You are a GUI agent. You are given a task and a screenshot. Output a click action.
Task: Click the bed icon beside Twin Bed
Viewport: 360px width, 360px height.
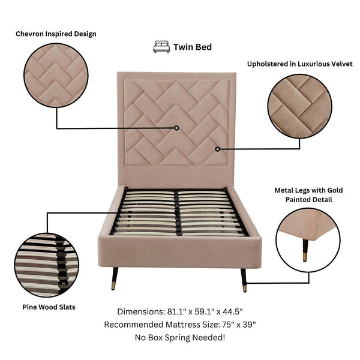[x=161, y=47]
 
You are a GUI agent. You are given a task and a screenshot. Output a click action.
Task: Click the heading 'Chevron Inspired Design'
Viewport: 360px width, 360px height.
[x=56, y=34]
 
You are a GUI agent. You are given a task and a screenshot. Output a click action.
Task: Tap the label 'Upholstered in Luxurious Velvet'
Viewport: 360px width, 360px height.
[x=300, y=64]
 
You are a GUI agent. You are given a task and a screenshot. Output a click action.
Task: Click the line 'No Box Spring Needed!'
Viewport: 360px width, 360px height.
[x=180, y=338]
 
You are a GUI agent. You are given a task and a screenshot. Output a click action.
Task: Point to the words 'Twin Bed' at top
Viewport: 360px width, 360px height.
[x=192, y=47]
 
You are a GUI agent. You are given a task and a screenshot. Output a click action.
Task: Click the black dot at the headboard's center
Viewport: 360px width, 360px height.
[x=177, y=128]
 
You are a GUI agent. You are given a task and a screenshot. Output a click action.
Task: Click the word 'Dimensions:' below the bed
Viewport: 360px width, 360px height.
[x=140, y=312]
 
